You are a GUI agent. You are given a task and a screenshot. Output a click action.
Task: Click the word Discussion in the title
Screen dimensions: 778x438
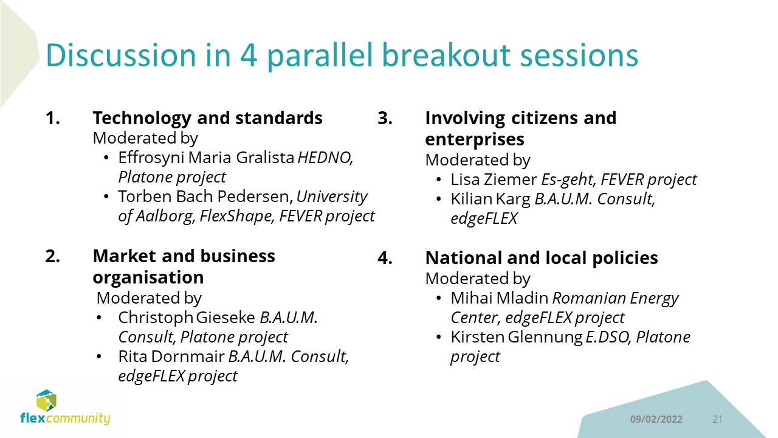pos(121,55)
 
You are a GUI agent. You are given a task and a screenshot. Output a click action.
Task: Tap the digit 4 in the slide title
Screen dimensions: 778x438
pos(249,55)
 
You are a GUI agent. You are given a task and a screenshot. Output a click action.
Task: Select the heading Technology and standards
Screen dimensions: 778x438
pos(207,118)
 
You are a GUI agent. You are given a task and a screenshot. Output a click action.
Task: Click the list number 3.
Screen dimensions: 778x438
pos(385,118)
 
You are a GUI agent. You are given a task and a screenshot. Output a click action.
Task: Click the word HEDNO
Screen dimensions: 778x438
pos(325,158)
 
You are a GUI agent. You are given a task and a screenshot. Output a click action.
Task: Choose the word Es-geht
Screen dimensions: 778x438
pos(569,180)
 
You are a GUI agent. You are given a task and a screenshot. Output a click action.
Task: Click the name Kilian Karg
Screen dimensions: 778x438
pos(491,199)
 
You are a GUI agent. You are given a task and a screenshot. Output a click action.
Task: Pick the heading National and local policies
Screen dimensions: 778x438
pos(542,258)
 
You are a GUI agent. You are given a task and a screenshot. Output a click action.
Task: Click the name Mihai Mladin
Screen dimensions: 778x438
pos(500,298)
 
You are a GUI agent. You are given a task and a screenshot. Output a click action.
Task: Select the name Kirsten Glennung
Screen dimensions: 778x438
pos(517,338)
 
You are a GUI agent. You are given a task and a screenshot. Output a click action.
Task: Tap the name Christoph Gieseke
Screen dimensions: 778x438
pos(187,318)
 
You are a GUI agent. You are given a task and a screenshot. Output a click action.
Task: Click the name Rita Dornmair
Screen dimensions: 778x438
pos(171,356)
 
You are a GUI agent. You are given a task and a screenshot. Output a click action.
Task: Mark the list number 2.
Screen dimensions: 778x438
pos(52,257)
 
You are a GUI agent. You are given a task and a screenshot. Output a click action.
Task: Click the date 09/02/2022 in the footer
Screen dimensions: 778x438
pos(656,419)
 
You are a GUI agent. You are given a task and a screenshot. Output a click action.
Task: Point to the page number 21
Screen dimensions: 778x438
pos(717,419)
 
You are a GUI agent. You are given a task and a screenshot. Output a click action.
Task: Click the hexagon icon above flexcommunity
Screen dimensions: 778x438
pos(46,400)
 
